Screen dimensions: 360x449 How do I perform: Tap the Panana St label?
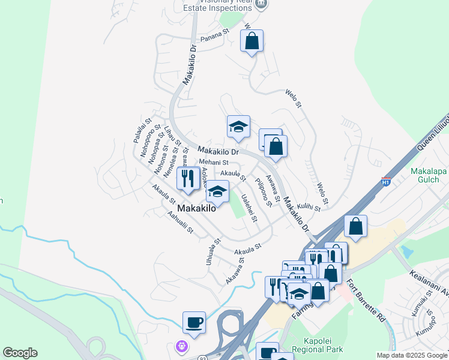215,35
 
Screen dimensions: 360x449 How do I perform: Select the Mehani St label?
214,162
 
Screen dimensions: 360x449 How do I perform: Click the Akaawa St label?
235,271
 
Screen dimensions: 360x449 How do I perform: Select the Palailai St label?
140,130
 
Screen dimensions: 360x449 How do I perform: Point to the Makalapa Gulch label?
429,175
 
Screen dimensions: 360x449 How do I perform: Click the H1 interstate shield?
387,181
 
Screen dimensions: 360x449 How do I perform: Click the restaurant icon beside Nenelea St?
188,178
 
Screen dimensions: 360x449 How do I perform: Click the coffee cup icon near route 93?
194,322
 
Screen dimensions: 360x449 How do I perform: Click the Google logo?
20,353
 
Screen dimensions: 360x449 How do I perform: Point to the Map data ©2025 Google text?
411,355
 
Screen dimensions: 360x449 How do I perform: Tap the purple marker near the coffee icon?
181,346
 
